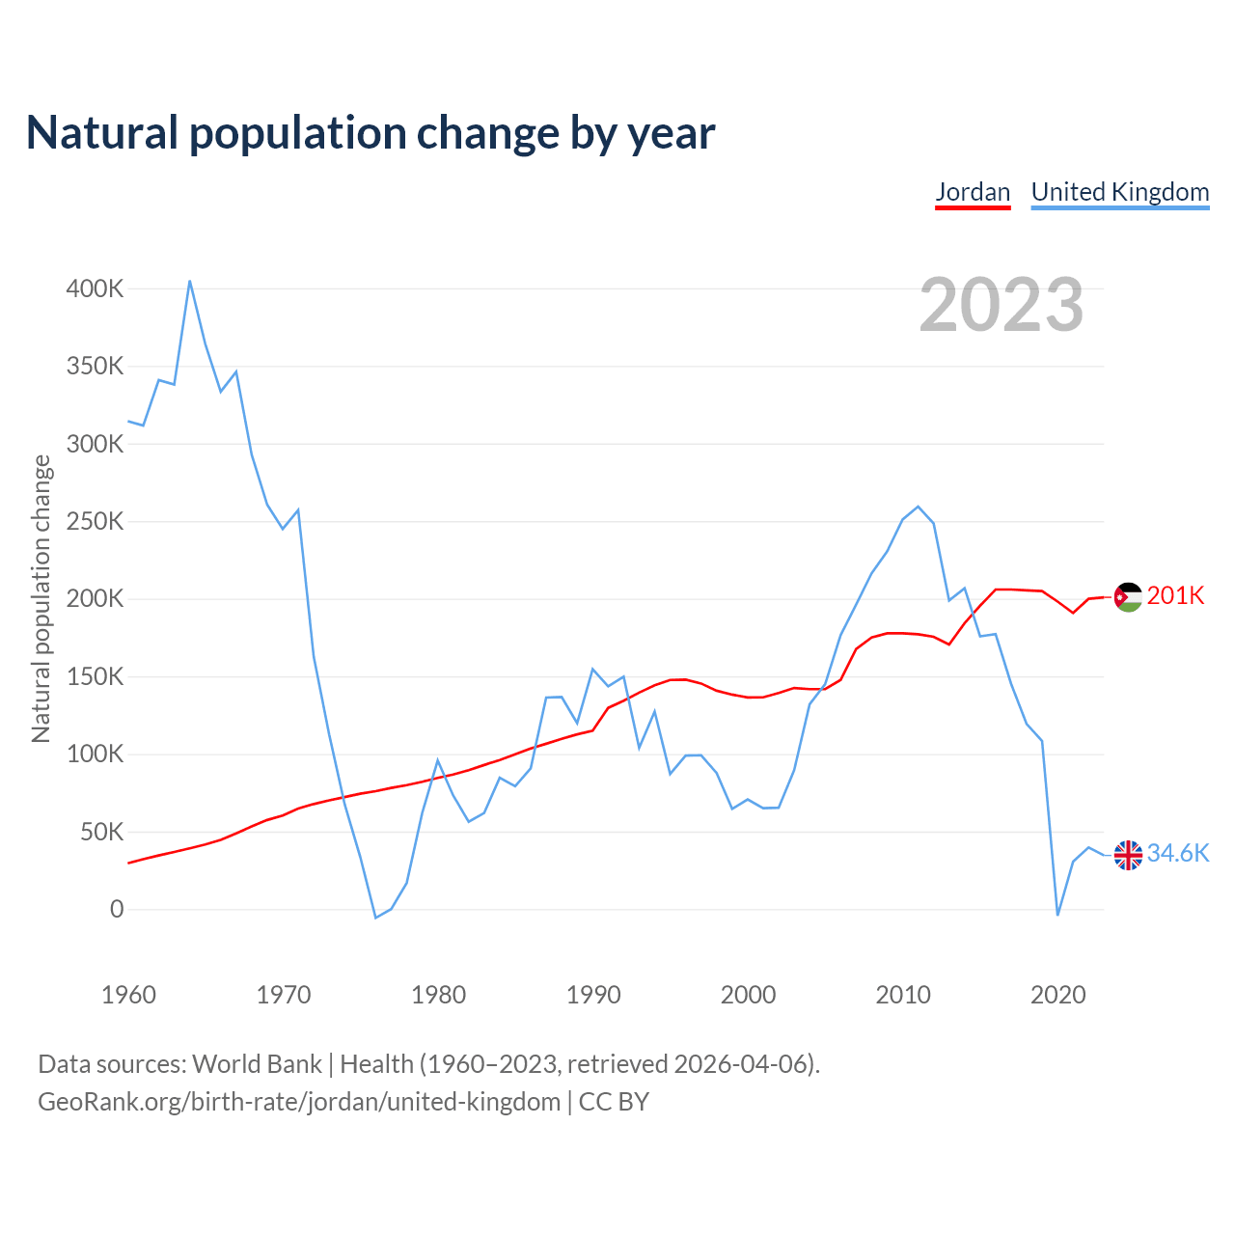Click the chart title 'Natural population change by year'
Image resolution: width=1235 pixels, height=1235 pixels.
[x=370, y=133]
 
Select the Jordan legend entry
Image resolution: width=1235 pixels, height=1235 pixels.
[x=973, y=192]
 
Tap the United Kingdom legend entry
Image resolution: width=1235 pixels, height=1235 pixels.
[x=1120, y=192]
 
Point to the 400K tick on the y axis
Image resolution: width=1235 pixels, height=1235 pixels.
[x=95, y=288]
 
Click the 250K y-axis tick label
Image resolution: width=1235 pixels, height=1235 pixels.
[x=95, y=522]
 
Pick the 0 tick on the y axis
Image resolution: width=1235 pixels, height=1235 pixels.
[x=117, y=909]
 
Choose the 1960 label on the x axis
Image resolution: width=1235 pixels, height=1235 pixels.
[x=128, y=995]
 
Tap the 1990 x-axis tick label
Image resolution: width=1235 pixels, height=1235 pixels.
[x=593, y=995]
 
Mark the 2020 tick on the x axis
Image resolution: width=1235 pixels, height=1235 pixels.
[x=1058, y=995]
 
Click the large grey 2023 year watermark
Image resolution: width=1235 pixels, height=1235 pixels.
[x=1002, y=305]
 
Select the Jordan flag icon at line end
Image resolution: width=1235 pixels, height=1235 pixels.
[x=1128, y=597]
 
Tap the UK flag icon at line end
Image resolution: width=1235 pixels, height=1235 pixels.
[x=1128, y=855]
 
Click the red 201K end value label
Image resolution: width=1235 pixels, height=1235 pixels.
[x=1175, y=595]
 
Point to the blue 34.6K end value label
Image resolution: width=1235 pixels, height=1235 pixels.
[x=1177, y=853]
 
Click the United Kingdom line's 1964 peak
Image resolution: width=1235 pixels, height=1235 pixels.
[x=190, y=281]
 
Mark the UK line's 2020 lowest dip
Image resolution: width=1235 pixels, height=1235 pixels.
[x=1057, y=915]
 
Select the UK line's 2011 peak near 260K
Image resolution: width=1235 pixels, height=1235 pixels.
[x=919, y=507]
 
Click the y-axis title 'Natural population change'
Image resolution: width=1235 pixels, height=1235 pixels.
[x=41, y=599]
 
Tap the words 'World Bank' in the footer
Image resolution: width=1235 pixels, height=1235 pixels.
[x=257, y=1064]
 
